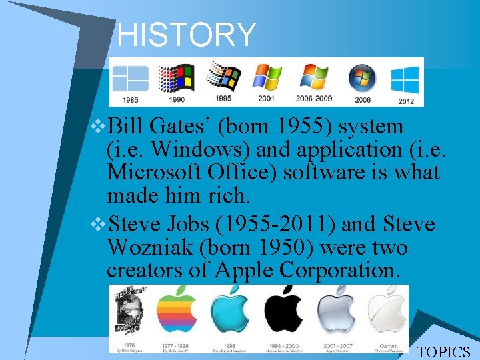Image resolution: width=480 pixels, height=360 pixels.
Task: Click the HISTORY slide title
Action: pos(187,35)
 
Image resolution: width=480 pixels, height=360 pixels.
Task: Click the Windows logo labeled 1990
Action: pos(177,78)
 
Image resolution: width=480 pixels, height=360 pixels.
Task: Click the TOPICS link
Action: pos(443,352)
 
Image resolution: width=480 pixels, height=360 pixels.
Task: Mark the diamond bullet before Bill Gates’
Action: pos(100,127)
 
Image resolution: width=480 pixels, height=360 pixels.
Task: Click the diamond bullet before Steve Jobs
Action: pos(100,224)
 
